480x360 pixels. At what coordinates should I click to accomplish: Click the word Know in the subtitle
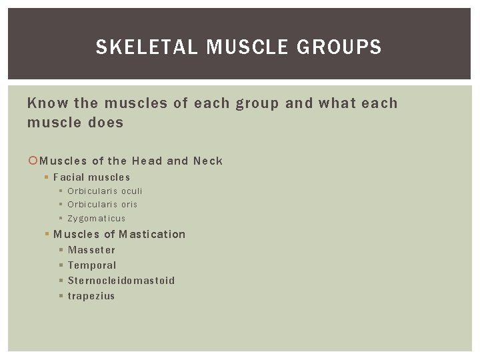46,103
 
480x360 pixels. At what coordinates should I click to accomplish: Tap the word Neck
207,161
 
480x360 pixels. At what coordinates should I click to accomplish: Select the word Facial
69,177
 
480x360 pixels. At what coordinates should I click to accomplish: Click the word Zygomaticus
97,218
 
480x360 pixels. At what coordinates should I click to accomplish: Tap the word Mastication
153,234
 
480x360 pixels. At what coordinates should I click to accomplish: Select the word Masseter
91,250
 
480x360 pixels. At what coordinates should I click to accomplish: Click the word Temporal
92,265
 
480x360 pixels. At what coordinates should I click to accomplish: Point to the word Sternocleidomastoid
121,280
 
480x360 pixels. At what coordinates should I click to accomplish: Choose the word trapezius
91,295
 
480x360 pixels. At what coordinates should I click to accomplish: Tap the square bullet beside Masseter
61,250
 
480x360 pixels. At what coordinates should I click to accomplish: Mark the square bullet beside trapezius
61,295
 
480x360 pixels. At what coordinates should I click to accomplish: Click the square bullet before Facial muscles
46,177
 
